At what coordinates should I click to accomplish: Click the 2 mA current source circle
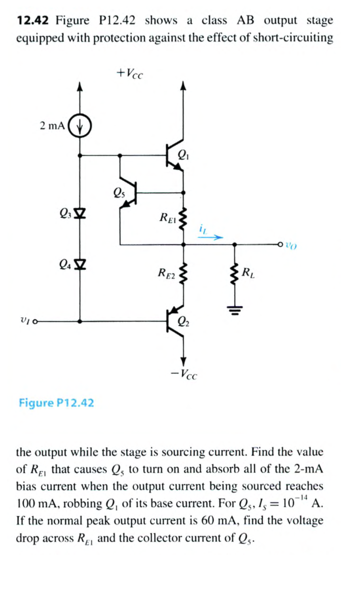pyautogui.click(x=80, y=126)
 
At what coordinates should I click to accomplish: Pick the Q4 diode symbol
pyautogui.click(x=80, y=263)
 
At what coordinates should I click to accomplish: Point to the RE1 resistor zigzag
pyautogui.click(x=183, y=219)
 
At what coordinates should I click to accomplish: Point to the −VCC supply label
pyautogui.click(x=184, y=373)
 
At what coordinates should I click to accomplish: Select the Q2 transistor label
pyautogui.click(x=183, y=321)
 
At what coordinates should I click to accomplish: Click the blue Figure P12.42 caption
pyautogui.click(x=56, y=403)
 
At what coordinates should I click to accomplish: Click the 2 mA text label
pyautogui.click(x=52, y=126)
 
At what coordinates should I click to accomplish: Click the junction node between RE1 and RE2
pyautogui.click(x=183, y=245)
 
